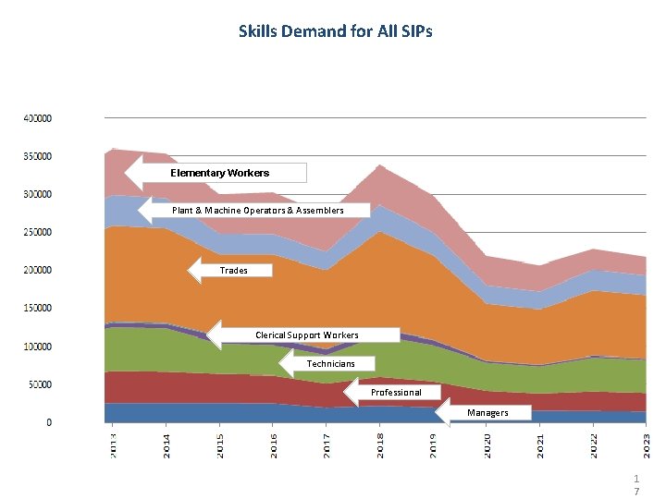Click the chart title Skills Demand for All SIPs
click(335, 31)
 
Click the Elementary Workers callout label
click(220, 173)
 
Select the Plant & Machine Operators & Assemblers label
click(257, 211)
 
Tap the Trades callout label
click(233, 271)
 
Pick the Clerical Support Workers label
click(306, 335)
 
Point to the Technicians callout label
click(330, 364)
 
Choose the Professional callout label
click(395, 393)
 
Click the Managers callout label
click(487, 413)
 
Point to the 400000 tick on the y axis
click(37, 118)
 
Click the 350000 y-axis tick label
click(37, 156)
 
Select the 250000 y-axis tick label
click(37, 233)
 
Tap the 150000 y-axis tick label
click(37, 309)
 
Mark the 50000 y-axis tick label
click(39, 384)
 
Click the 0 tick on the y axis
click(50, 422)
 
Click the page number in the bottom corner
click(636, 485)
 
